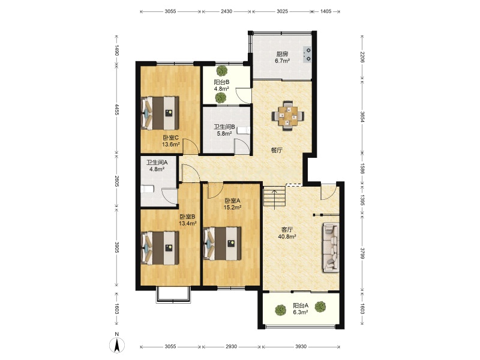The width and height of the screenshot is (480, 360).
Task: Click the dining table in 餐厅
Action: pyautogui.click(x=288, y=116)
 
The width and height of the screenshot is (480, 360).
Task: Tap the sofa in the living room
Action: pyautogui.click(x=331, y=247)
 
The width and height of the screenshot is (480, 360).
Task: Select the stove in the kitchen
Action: pyautogui.click(x=307, y=55)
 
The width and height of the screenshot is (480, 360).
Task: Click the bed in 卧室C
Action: pyautogui.click(x=160, y=113)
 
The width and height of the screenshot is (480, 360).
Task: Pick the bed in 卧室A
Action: pyautogui.click(x=222, y=244)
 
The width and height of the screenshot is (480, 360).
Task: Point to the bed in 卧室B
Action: pyautogui.click(x=160, y=248)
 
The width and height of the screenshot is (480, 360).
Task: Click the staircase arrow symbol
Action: pyautogui.click(x=275, y=199)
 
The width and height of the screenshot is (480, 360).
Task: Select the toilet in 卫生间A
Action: pyautogui.click(x=147, y=190)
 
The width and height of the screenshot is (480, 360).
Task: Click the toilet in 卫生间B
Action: pyautogui.click(x=244, y=131)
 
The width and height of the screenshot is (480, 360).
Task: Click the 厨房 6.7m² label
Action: pyautogui.click(x=282, y=57)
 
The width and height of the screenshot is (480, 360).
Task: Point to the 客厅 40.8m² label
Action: pyautogui.click(x=287, y=233)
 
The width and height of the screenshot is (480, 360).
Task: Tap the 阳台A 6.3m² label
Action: pyautogui.click(x=301, y=308)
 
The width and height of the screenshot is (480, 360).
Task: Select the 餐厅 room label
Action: pyautogui.click(x=277, y=151)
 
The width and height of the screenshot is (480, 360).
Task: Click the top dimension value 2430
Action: pyautogui.click(x=226, y=11)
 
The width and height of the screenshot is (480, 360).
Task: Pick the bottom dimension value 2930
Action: pyautogui.click(x=231, y=347)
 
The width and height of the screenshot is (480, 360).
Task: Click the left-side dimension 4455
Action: pyautogui.click(x=116, y=109)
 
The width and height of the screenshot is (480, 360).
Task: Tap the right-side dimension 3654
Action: pyautogui.click(x=362, y=116)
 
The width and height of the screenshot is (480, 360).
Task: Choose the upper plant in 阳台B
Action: pyautogui.click(x=221, y=71)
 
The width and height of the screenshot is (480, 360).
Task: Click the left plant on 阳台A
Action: pyautogui.click(x=280, y=310)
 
